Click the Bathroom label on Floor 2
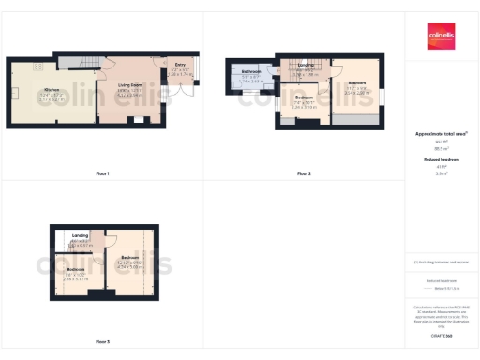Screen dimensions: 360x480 click(x=251, y=72)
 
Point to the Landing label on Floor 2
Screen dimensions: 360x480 click(x=306, y=64)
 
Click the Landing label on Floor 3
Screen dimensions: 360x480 click(x=80, y=235)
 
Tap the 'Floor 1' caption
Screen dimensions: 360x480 click(x=102, y=174)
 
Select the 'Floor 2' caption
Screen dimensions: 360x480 click(x=304, y=174)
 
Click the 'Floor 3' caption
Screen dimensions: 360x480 click(x=102, y=341)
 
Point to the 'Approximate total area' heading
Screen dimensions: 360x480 click(x=441, y=134)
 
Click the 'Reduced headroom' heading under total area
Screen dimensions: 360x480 click(x=441, y=160)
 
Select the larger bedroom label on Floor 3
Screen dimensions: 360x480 click(x=129, y=256)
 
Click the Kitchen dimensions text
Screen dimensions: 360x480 click(x=52, y=97)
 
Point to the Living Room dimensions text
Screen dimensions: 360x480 click(x=129, y=94)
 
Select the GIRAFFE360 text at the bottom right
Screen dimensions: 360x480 click(x=441, y=333)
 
